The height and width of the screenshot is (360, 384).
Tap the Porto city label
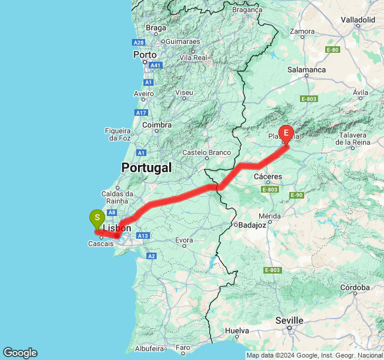coord(145,55)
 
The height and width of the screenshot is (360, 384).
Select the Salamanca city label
coord(306,70)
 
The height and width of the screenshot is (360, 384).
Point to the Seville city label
coord(289,320)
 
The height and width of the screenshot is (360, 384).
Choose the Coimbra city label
coord(157,125)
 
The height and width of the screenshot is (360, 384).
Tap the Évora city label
coord(184,241)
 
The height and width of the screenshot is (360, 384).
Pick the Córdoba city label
coord(354,287)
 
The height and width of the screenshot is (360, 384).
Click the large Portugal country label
coord(146,167)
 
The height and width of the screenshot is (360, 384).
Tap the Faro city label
coord(183,347)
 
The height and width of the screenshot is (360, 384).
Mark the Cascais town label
coord(101,244)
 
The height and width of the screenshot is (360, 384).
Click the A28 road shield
coord(139,43)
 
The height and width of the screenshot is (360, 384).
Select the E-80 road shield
coord(332,50)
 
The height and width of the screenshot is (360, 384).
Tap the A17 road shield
coord(142,112)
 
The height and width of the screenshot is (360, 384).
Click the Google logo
coord(20,353)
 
